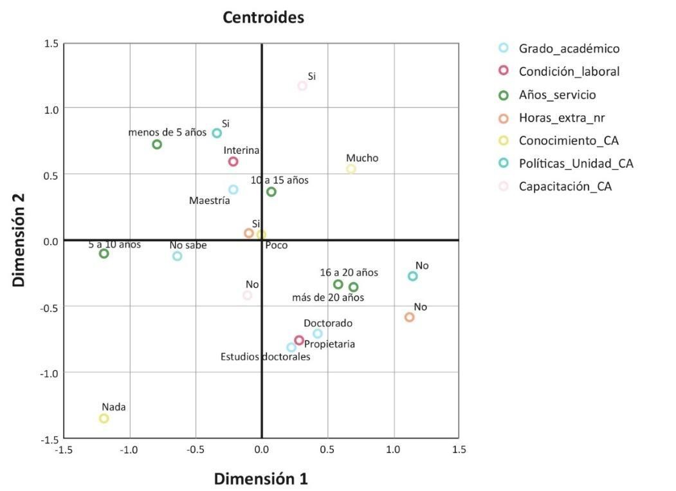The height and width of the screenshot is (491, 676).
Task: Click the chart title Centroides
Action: pos(263,17)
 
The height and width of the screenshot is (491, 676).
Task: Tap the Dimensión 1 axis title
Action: pos(260,479)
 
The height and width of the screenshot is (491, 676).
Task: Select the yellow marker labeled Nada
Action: pos(104,418)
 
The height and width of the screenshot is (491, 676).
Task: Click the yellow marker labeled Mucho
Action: pos(351,169)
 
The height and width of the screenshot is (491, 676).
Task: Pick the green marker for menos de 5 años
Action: pos(157,144)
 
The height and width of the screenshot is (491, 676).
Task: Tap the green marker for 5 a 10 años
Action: pos(104,254)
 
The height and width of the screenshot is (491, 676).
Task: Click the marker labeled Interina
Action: pos(233,162)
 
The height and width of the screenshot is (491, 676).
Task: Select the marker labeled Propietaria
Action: pos(299,340)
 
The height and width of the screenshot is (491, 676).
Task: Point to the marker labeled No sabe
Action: pos(178,256)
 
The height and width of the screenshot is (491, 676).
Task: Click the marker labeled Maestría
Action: pos(233,189)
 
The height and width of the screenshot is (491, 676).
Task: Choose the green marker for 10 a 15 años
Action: pos(271,192)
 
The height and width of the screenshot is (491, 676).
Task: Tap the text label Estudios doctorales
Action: pos(265,357)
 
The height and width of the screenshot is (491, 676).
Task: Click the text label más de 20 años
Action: pos(327,297)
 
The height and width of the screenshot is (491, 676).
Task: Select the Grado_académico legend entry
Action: pos(569,48)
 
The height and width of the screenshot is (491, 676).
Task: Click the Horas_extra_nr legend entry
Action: pos(561,118)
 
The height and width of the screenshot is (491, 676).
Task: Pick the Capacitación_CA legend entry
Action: pos(565,187)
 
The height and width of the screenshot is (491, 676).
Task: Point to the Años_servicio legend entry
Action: pos(557,95)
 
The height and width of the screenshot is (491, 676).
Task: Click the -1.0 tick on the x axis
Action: pos(129,449)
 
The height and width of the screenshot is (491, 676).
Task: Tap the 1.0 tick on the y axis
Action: pos(51,109)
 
